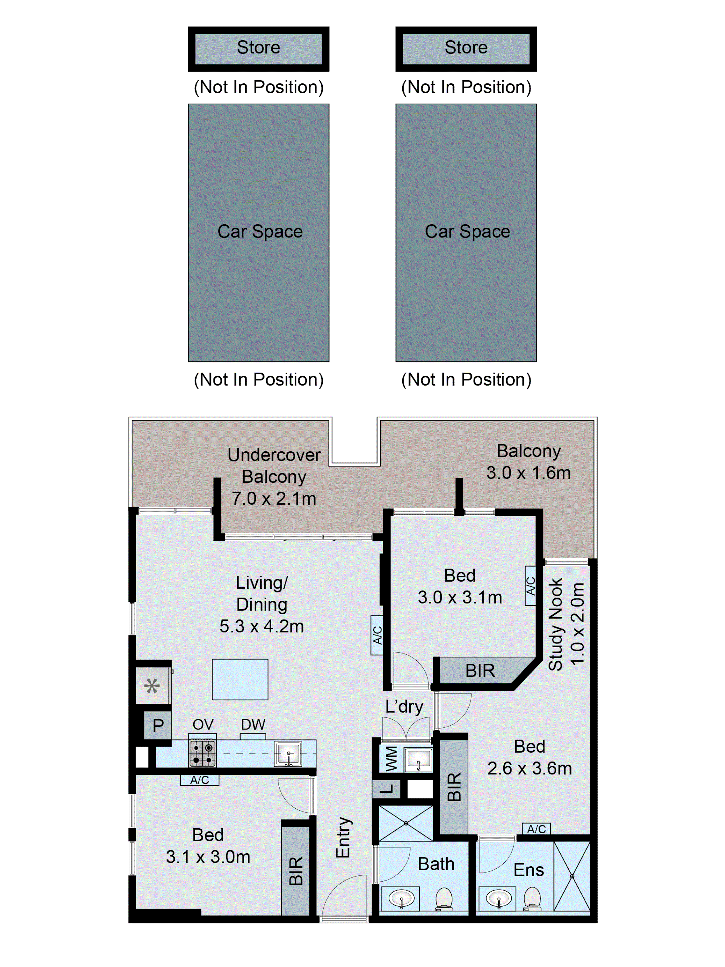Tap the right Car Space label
tap(467, 231)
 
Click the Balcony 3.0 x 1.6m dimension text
tap(528, 472)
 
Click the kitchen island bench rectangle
tap(240, 679)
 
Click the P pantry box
tap(158, 726)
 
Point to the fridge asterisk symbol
tap(152, 686)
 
